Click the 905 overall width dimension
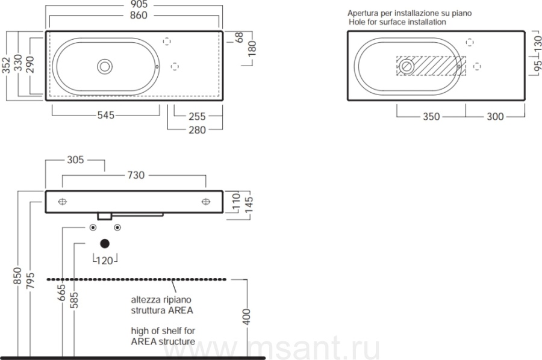click(x=139, y=4)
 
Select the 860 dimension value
click(x=139, y=15)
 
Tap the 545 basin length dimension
click(x=106, y=115)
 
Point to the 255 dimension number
click(x=197, y=116)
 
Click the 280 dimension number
click(x=197, y=130)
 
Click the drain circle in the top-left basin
click(x=105, y=66)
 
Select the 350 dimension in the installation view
click(x=431, y=116)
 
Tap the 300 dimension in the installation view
click(x=495, y=116)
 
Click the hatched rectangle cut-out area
click(x=431, y=66)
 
